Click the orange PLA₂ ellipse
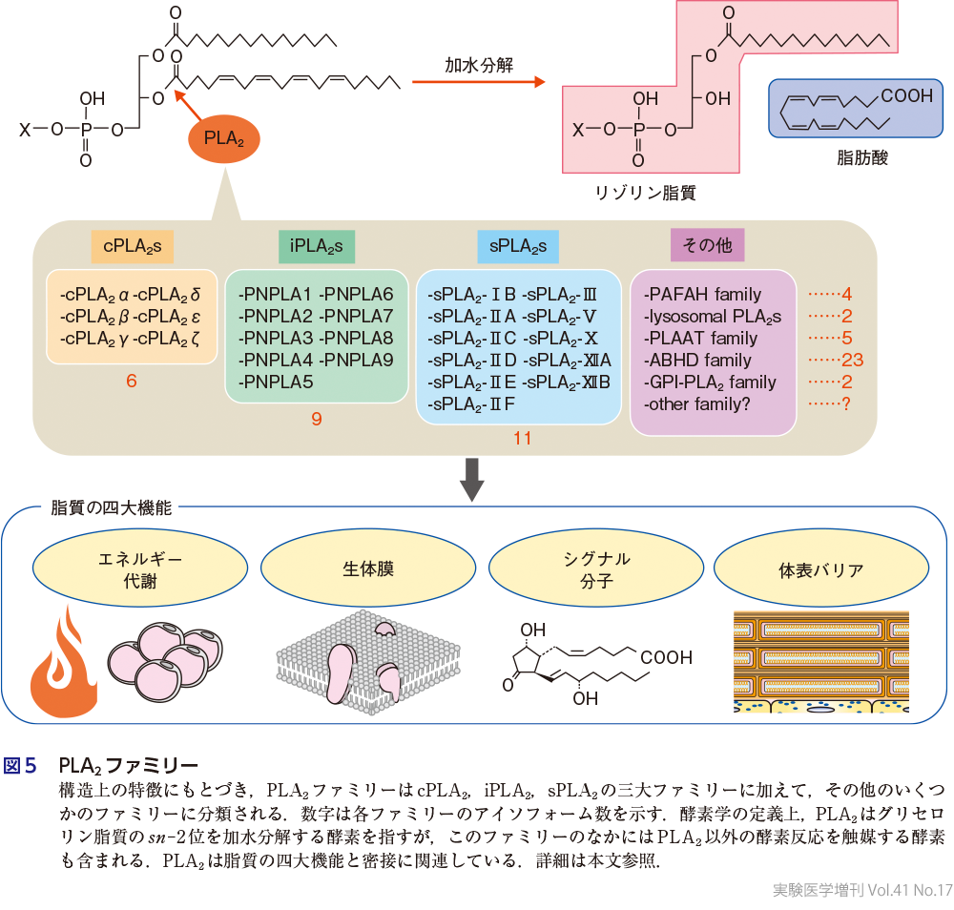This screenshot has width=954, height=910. pos(224,139)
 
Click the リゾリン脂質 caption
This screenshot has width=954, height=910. pos(646,192)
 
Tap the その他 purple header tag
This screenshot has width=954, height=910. pos(708,246)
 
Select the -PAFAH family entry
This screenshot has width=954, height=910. pos(702,294)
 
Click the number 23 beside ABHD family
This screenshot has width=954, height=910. pos(852,361)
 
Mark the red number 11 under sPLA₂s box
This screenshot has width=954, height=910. pos(522,439)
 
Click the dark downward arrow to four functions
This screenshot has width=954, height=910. pos(472,480)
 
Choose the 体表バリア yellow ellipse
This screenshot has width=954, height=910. pos(821,570)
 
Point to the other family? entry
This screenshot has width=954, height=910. pos(697,404)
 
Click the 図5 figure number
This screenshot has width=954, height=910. pos(21,766)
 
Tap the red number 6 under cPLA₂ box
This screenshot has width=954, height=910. pos(132,382)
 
